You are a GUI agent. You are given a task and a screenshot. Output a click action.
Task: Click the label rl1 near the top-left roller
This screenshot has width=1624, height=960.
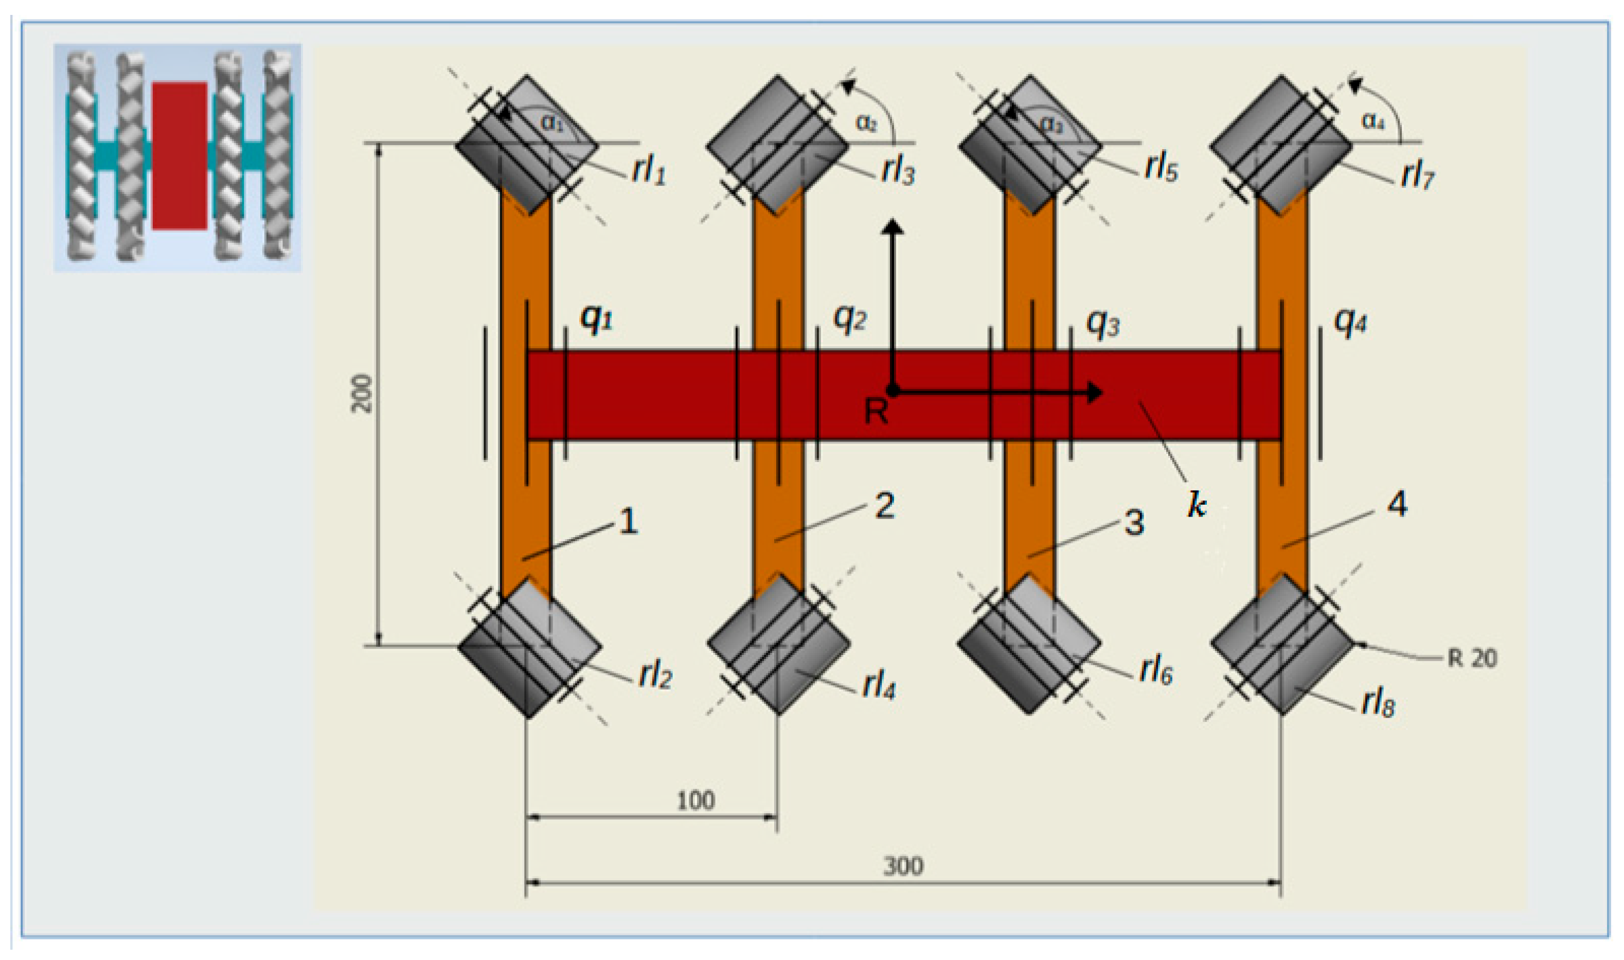point(649,170)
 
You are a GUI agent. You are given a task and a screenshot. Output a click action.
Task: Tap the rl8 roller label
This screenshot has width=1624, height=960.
point(1378,704)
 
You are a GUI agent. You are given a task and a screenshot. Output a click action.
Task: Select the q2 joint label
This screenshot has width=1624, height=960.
point(849,317)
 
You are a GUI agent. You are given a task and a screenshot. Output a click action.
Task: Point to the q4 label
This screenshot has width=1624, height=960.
point(1350,321)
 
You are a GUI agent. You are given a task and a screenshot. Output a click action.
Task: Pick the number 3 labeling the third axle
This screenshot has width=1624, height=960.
point(1134,523)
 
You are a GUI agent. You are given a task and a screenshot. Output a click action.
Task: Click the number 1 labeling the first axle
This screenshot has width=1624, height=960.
point(628,521)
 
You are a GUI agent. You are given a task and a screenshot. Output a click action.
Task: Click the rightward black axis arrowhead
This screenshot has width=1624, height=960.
point(1096,392)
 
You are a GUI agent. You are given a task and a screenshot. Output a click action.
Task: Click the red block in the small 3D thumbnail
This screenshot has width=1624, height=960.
point(180,155)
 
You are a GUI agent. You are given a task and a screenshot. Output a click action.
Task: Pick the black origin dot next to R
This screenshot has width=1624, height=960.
point(893,390)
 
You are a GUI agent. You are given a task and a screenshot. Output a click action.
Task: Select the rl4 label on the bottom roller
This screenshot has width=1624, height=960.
point(878,686)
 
